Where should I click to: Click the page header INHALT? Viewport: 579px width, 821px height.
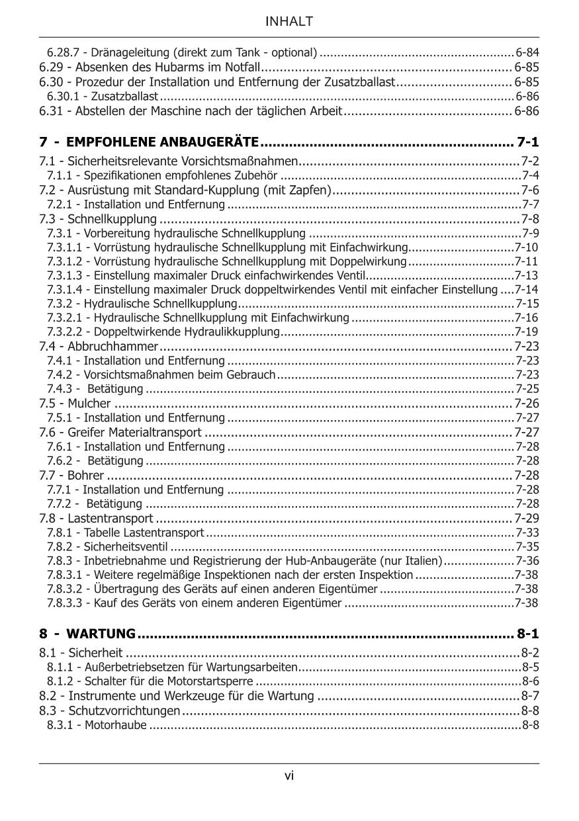coord(289,22)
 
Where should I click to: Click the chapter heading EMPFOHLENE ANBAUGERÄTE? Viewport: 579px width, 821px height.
coord(162,142)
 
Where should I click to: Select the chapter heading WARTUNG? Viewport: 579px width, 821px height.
coord(101,634)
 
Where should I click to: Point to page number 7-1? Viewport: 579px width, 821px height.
coord(527,142)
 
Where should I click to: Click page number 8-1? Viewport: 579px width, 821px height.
coord(527,634)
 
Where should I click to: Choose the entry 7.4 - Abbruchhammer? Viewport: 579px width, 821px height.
coord(99,346)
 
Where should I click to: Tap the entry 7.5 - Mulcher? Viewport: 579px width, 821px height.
coord(75,404)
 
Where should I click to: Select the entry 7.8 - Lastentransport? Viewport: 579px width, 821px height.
coord(96,518)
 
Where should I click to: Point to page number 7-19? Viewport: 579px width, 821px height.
coord(527,331)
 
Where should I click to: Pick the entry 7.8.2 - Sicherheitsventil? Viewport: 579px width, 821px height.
coord(107,546)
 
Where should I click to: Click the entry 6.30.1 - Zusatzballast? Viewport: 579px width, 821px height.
coord(102,97)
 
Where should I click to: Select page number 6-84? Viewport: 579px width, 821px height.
coord(527,52)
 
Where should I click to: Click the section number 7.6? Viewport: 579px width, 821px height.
coord(48,433)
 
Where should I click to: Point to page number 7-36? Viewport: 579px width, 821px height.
coord(527,561)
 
